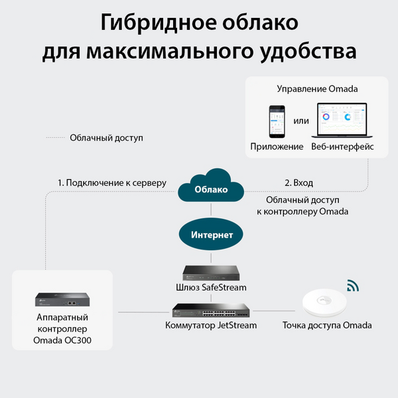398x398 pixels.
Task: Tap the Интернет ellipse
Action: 211,234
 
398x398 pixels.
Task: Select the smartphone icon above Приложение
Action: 277,121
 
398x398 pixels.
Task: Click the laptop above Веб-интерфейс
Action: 342,120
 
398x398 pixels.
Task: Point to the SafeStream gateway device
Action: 211,273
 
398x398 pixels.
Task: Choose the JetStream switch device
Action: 211,310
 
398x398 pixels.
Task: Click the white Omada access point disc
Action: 324,302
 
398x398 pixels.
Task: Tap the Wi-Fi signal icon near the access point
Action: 353,285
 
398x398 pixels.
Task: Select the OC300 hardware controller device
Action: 62,300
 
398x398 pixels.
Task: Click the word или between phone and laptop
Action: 301,121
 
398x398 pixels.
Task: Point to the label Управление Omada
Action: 317,89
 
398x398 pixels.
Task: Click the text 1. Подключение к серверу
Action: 112,183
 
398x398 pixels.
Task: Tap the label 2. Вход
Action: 298,183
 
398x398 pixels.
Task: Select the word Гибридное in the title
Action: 159,23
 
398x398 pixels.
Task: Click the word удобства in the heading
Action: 308,52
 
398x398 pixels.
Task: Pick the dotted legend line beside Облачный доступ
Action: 55,138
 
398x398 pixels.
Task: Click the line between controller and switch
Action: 143,312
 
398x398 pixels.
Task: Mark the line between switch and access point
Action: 274,310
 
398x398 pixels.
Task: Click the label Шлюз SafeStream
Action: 211,287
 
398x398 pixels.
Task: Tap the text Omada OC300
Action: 62,340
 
